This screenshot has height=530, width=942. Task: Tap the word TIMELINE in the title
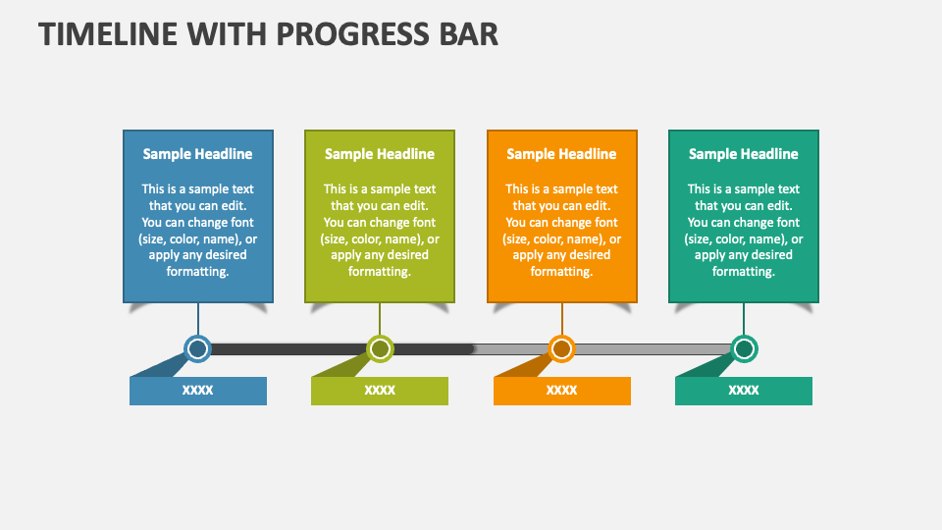click(x=108, y=34)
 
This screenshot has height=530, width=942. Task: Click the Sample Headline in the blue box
click(x=197, y=154)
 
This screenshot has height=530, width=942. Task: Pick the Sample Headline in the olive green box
click(x=380, y=154)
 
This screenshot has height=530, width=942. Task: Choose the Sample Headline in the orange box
click(x=561, y=154)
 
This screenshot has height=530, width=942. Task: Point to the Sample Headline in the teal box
click(x=744, y=154)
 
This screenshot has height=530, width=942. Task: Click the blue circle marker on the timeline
click(x=197, y=348)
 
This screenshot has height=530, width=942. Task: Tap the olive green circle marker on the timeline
click(x=380, y=348)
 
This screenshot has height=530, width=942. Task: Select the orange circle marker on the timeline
click(x=561, y=348)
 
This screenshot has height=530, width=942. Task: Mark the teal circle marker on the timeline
click(x=744, y=348)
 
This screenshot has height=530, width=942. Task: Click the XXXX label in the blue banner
click(x=197, y=391)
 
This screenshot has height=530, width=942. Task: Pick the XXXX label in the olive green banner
click(x=380, y=391)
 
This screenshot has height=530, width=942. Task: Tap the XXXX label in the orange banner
click(x=561, y=391)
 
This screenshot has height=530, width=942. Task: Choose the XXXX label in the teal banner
click(x=744, y=391)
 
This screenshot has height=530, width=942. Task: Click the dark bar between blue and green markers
click(x=288, y=349)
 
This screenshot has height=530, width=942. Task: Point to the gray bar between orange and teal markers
click(x=653, y=349)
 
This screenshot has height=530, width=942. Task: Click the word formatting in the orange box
click(x=561, y=272)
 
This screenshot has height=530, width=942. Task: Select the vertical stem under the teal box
click(x=744, y=319)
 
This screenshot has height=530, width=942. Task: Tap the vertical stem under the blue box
click(x=197, y=319)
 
